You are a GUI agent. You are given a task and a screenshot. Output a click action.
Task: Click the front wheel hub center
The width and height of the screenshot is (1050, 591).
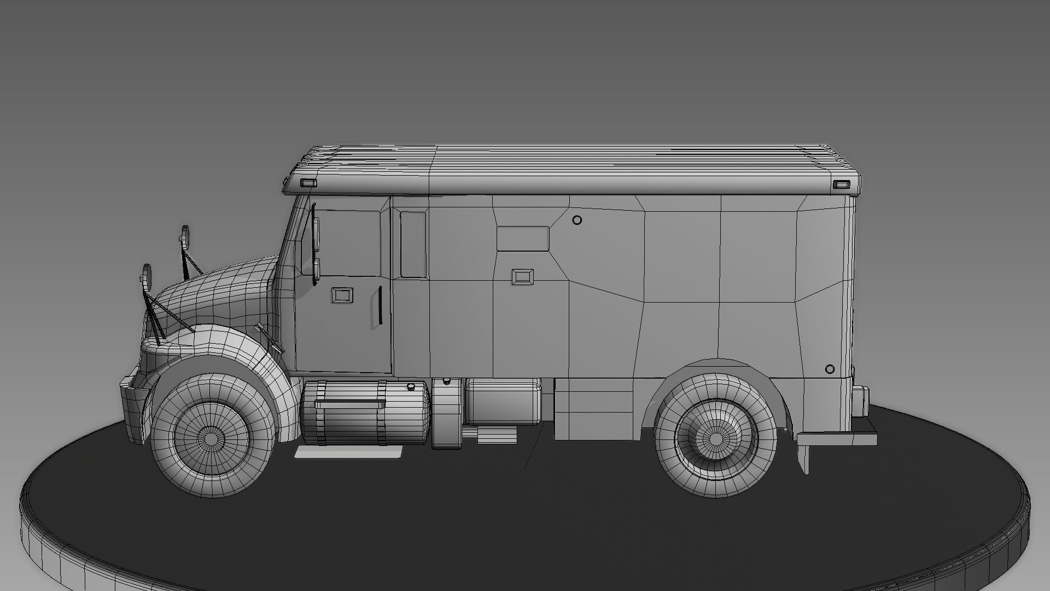click(x=212, y=436)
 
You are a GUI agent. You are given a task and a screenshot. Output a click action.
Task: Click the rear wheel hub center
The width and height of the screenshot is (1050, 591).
click(x=716, y=438)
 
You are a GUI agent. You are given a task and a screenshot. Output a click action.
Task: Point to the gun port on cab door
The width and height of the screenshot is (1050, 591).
click(x=342, y=296)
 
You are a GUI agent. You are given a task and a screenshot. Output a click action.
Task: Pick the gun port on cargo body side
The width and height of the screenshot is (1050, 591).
click(x=523, y=276)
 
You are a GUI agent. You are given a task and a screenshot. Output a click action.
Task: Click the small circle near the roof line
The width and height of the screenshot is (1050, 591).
click(x=577, y=220)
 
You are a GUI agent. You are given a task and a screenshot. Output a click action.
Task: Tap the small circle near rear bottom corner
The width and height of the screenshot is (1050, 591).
click(x=830, y=369)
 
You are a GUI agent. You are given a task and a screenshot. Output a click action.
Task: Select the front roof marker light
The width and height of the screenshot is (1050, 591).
click(x=309, y=183)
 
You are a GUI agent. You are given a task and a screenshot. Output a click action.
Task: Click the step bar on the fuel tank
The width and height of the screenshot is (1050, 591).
click(x=349, y=404)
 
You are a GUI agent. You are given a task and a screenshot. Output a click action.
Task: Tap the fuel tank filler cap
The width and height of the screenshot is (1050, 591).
click(x=410, y=387)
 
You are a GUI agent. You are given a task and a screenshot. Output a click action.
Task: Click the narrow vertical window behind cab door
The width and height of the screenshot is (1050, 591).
click(x=413, y=244)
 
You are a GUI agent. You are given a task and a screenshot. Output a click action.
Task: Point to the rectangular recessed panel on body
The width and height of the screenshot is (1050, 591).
click(x=523, y=239)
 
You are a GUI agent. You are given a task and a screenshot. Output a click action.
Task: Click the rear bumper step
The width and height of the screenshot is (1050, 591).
click(x=837, y=438)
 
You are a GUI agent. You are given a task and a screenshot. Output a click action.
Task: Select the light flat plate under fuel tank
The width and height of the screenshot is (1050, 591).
click(x=349, y=451)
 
